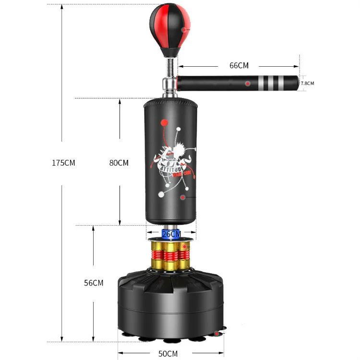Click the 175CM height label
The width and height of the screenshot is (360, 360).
tap(63, 163)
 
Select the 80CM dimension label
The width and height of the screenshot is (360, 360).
tap(119, 163)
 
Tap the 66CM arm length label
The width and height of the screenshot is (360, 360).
tap(239, 66)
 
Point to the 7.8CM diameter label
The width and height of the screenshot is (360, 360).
tap(307, 84)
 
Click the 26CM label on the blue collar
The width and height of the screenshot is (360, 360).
tap(171, 234)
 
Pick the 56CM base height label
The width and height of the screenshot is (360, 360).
tap(94, 283)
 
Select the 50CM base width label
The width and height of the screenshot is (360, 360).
tap(168, 354)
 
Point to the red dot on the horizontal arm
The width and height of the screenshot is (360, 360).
tap(248, 84)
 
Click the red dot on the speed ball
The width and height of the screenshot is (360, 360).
tap(183, 30)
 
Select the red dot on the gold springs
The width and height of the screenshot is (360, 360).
tap(183, 246)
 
